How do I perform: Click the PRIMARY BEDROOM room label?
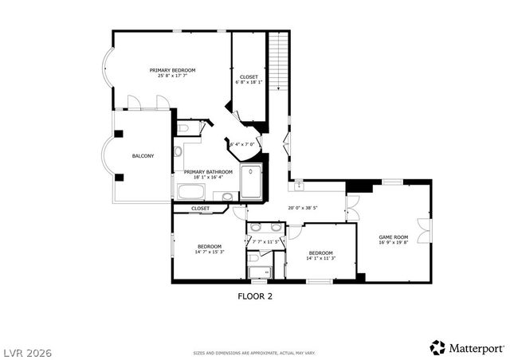172,70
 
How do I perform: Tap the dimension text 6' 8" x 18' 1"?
249,82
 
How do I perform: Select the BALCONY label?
143,155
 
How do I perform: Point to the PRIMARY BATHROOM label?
208,172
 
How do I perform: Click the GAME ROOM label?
393,237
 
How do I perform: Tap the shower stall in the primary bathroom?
251,182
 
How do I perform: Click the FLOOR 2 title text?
255,295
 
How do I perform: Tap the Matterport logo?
467,347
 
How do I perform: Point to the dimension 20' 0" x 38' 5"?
303,209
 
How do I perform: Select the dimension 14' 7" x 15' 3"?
210,252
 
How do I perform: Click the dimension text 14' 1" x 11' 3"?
321,257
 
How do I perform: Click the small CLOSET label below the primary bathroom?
200,209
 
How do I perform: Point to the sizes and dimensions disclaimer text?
255,351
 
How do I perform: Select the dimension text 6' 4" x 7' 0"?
241,144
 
